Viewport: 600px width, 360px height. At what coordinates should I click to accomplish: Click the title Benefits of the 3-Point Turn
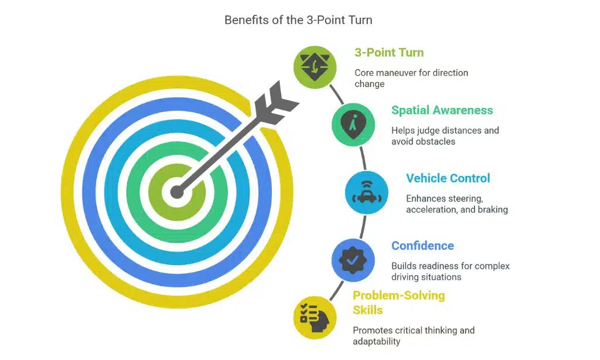(298, 20)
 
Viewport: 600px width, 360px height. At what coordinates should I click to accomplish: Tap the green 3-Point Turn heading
(388, 52)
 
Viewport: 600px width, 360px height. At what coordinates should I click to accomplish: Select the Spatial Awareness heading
(442, 110)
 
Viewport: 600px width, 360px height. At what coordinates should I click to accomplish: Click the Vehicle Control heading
(448, 178)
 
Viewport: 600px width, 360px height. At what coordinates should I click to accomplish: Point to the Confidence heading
(422, 246)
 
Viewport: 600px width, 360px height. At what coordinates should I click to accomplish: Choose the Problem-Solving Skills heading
(398, 302)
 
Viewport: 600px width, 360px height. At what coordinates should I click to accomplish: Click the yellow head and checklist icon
(315, 317)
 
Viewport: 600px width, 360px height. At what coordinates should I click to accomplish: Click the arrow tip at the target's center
(176, 191)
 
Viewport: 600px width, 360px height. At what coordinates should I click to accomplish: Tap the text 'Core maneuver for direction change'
(411, 78)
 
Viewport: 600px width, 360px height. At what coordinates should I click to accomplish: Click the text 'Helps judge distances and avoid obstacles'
(445, 135)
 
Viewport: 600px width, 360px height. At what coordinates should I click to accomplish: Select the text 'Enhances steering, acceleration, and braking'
(456, 203)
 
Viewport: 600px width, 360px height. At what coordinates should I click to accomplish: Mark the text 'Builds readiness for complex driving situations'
(450, 271)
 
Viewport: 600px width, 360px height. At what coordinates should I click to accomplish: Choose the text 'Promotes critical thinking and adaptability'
(413, 335)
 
